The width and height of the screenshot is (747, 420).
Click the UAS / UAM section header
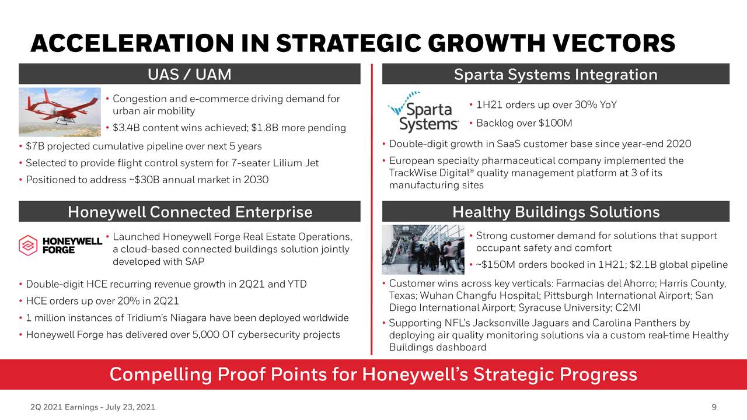pyautogui.click(x=190, y=75)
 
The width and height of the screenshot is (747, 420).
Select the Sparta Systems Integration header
pyautogui.click(x=555, y=75)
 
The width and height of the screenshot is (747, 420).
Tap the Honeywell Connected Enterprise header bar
pyautogui.click(x=190, y=212)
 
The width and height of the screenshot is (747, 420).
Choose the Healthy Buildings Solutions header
pyautogui.click(x=555, y=212)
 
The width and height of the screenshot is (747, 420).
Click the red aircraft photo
pyautogui.click(x=60, y=112)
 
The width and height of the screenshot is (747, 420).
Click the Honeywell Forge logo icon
pyautogui.click(x=27, y=245)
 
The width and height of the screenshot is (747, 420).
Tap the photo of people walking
pyautogui.click(x=423, y=250)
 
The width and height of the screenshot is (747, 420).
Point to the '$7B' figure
pyautogui.click(x=33, y=146)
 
